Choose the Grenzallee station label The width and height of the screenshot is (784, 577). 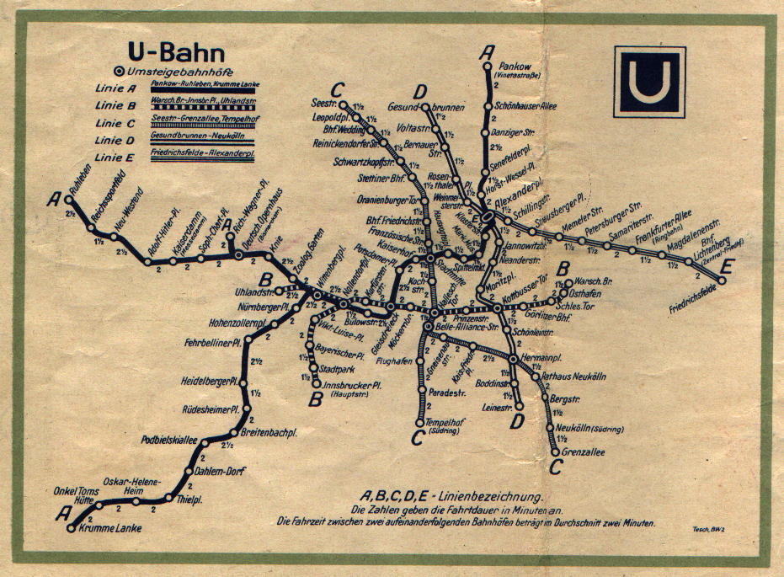click(580, 452)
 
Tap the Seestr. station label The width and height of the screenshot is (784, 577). click(323, 103)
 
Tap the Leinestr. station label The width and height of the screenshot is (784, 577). click(498, 408)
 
